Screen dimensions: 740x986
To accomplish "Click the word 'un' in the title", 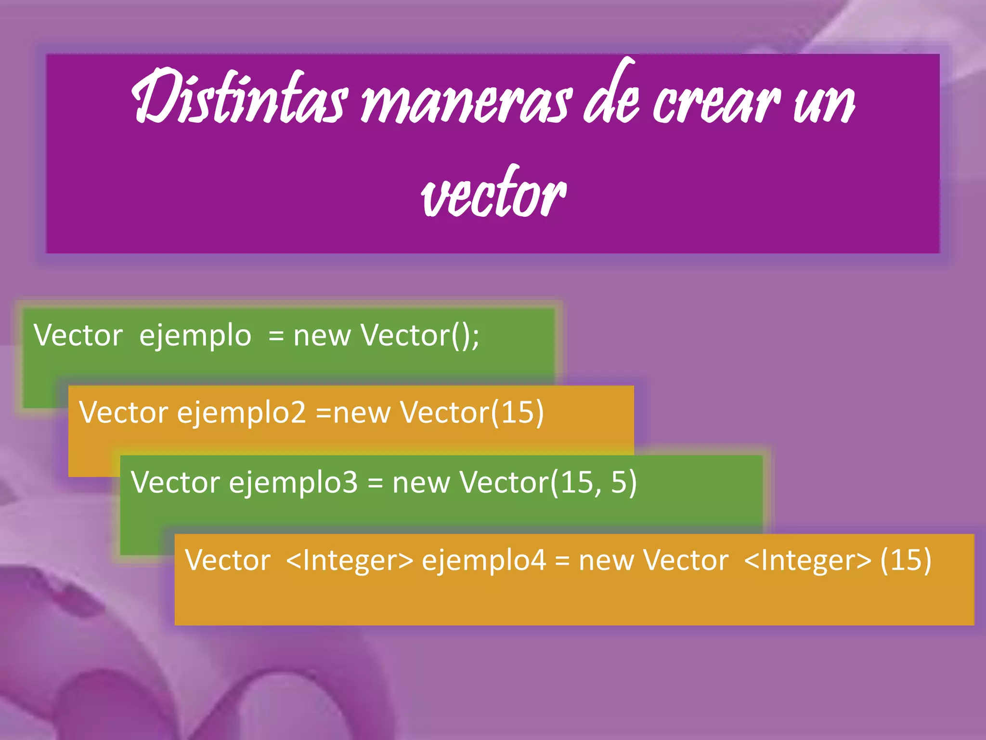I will click(x=824, y=104).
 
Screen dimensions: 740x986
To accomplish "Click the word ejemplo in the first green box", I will click(x=195, y=336).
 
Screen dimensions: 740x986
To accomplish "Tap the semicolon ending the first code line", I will click(x=475, y=337).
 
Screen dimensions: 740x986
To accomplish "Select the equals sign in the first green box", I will click(x=276, y=336).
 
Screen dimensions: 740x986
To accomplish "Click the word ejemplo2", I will click(x=241, y=413).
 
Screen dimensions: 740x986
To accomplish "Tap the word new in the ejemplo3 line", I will click(x=421, y=483).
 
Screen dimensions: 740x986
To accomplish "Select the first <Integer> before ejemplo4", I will click(x=350, y=560).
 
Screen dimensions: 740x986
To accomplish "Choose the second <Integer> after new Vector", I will click(x=807, y=560).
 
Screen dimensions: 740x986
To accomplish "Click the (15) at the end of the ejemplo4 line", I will click(x=906, y=560).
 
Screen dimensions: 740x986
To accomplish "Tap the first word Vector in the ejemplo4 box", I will click(x=228, y=560).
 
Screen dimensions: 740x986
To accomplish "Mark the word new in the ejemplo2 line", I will click(x=361, y=413).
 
